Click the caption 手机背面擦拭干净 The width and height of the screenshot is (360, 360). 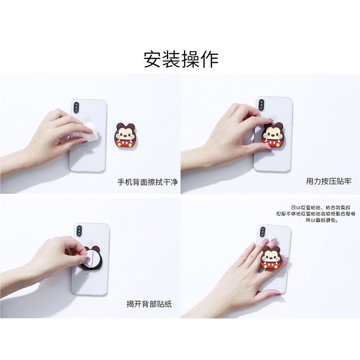(x=148, y=182)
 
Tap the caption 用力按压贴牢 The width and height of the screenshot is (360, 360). (x=328, y=181)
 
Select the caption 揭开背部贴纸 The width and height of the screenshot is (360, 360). (x=149, y=304)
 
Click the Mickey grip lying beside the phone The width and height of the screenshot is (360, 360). (x=125, y=135)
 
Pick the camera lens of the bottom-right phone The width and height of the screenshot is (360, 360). (x=262, y=232)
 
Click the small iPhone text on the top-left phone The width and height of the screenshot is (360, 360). (x=85, y=153)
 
